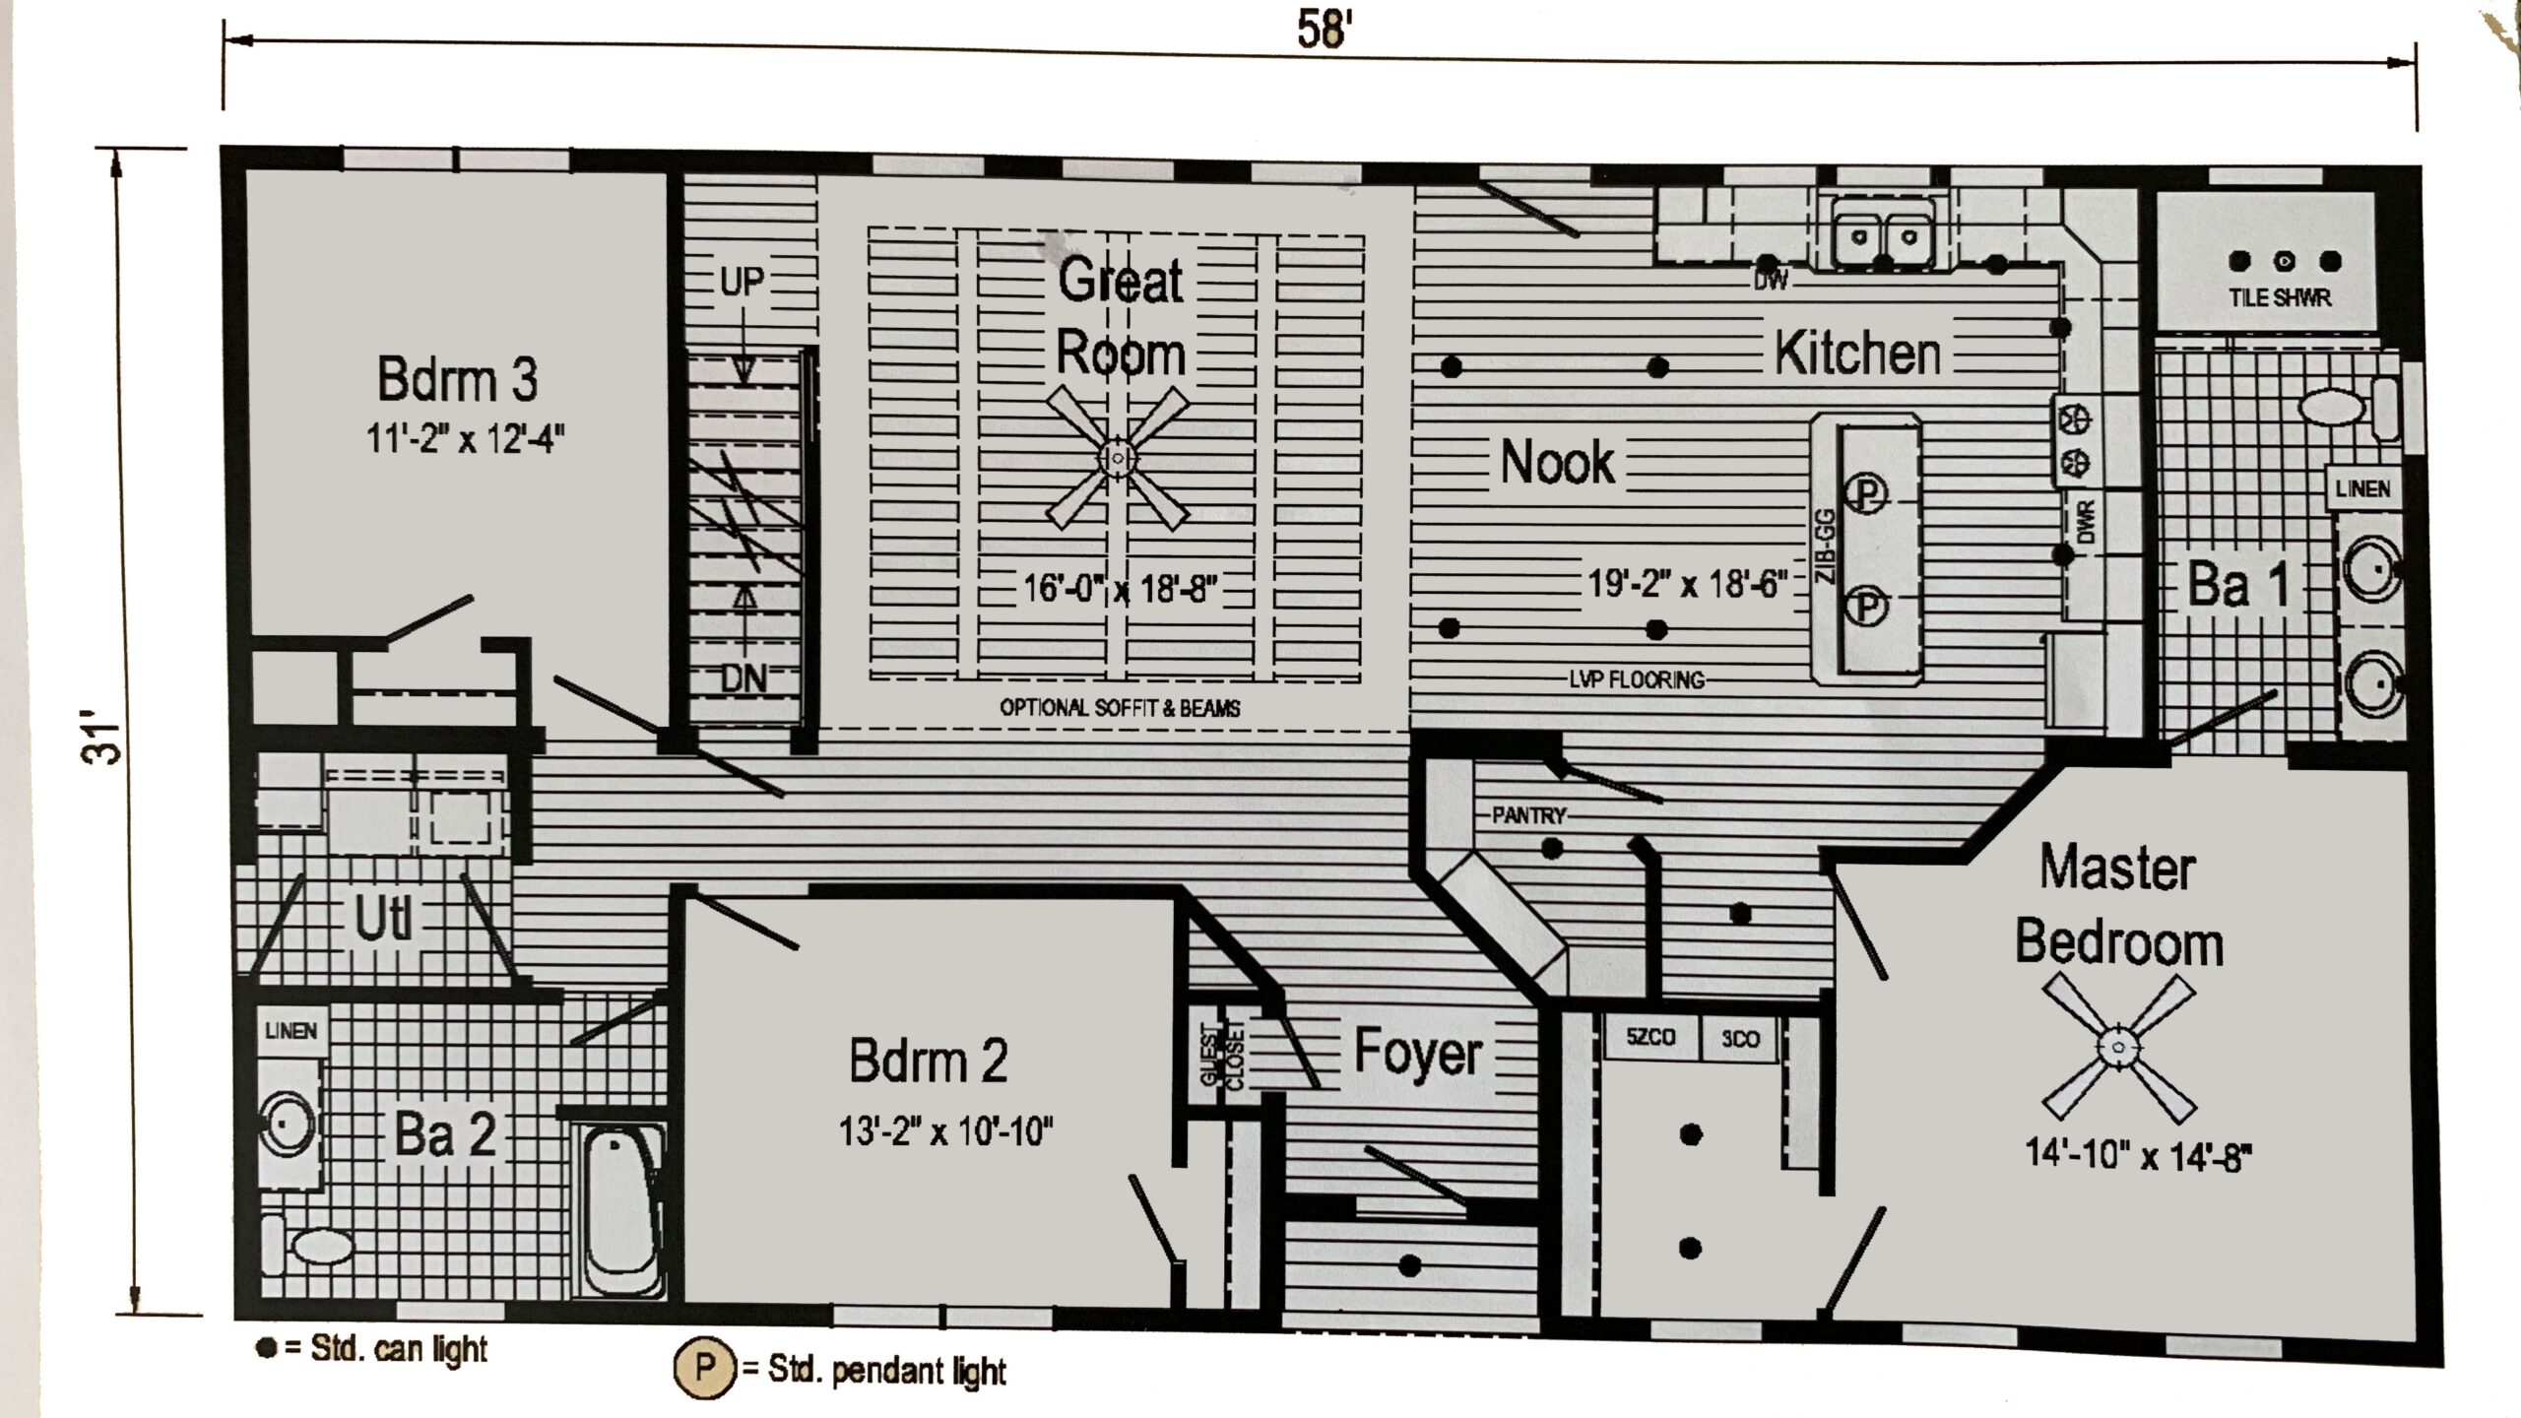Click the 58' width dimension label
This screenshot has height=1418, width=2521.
pos(1320,30)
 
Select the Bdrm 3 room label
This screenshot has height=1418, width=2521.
pos(458,380)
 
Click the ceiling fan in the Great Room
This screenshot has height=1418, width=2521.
pos(1118,458)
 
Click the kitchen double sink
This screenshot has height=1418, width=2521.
pos(1882,236)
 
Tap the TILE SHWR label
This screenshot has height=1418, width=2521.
pos(2280,297)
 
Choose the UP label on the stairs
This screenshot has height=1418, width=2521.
pos(742,283)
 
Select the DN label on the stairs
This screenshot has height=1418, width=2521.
pos(743,678)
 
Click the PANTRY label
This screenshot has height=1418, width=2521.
pos(1528,815)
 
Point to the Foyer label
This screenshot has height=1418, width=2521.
pos(1417,1053)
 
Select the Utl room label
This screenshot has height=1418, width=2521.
pos(383,920)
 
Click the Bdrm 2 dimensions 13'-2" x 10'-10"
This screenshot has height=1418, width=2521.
pos(945,1131)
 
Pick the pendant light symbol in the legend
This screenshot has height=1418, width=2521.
pos(704,1367)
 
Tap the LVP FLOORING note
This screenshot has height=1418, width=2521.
pos(1636,679)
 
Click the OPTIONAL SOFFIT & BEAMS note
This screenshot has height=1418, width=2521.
pos(1120,708)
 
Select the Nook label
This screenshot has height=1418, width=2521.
pos(1557,462)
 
